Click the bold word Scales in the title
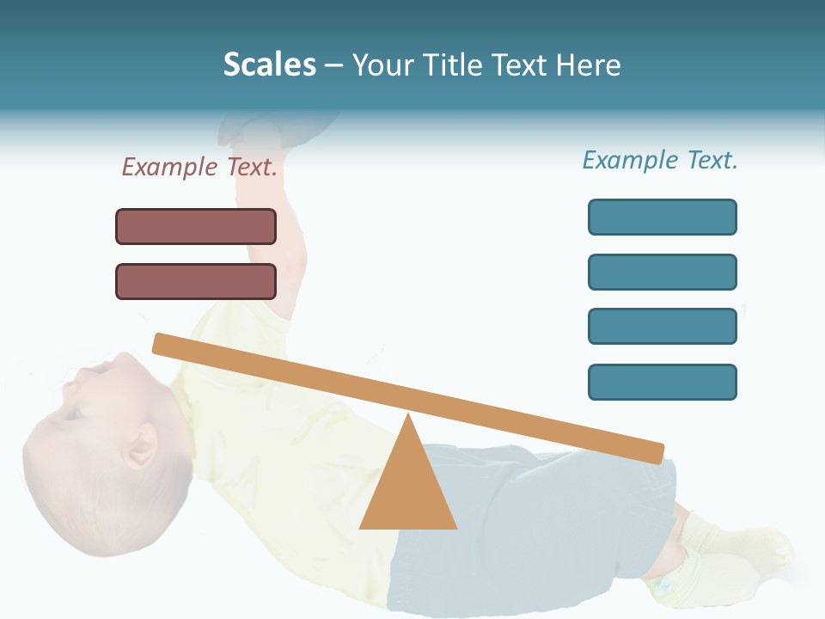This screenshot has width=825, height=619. [269, 64]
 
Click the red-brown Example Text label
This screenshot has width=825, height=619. [199, 167]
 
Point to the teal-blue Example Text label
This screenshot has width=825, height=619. [660, 160]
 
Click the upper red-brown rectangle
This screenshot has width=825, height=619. [196, 226]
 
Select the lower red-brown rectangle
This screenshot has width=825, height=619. [196, 281]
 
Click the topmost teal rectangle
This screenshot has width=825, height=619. [662, 217]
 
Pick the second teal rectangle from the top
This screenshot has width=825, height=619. [662, 272]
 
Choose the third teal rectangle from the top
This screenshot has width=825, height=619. [662, 327]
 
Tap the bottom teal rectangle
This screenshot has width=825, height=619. [662, 382]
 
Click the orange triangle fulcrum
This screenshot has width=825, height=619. [408, 490]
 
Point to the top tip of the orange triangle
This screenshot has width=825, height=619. [408, 419]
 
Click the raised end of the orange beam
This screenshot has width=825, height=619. [163, 343]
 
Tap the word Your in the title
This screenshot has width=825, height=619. [384, 64]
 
